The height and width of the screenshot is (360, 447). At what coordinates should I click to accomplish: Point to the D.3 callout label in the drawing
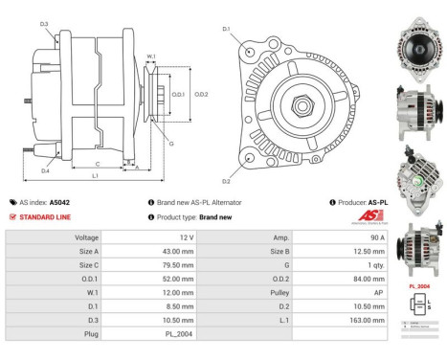coord(45,23)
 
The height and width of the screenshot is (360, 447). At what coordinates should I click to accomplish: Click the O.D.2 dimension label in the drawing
coord(201,94)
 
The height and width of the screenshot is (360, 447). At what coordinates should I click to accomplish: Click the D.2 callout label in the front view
coord(227,180)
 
